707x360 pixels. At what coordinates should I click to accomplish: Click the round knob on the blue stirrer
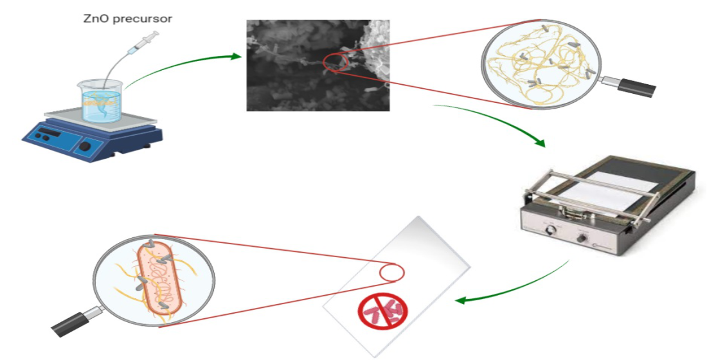coord(85,146)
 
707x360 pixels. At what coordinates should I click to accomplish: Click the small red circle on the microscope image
coord(335,62)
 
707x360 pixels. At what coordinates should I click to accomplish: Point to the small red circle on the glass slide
coord(390,273)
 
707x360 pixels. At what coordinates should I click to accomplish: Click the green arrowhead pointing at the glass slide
coord(461,300)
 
